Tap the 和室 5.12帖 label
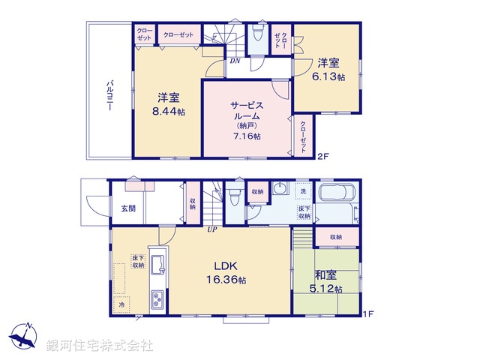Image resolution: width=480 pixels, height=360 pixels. pos(328,281)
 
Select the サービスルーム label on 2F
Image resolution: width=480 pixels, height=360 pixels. pos(245,115)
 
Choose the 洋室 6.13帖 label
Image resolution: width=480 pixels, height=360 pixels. pos(330,70)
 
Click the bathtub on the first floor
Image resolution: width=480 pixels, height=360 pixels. pos(339,193)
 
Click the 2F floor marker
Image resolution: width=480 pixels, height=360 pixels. pos(322,157)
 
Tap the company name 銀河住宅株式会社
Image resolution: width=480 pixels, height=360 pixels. pos(100,346)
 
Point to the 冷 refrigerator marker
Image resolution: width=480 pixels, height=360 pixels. pos(121,304)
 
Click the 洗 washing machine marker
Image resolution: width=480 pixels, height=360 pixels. pos(303,190)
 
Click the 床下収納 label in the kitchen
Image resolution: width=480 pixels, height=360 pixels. pos(138,261)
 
